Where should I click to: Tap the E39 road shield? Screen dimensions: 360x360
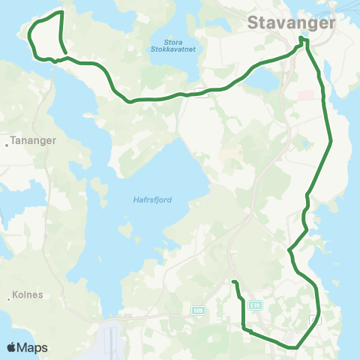tap(256, 305)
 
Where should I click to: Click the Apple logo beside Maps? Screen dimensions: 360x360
tap(12, 348)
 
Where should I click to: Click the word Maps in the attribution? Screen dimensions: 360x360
tap(34, 348)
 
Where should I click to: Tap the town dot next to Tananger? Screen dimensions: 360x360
tap(7, 145)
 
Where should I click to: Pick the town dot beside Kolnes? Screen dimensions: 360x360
tap(7, 299)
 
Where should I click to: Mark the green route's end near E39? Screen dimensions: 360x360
tap(234, 282)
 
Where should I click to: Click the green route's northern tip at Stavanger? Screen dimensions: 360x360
tap(301, 38)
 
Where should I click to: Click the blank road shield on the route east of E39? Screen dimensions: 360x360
tap(313, 320)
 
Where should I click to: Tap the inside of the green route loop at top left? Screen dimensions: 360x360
tap(46, 37)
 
